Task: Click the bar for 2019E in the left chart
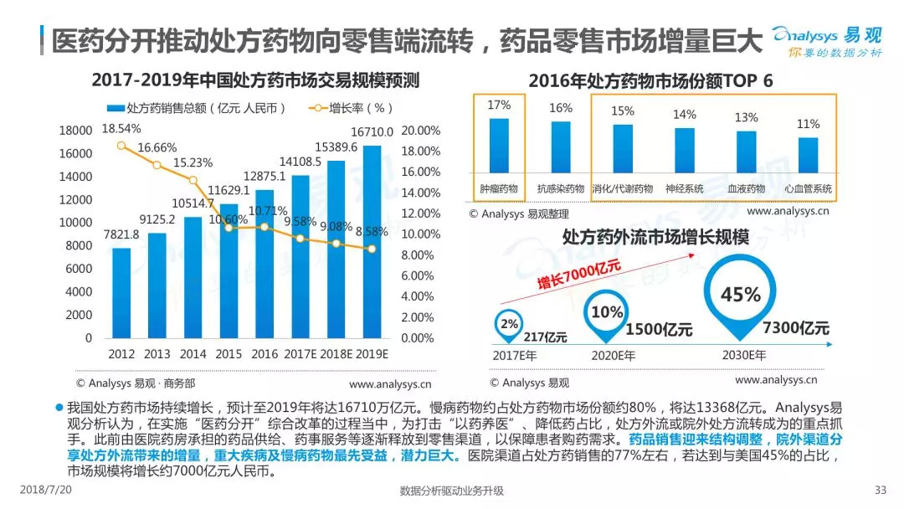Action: point(373,243)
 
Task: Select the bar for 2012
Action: point(121,293)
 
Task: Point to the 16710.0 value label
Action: point(372,132)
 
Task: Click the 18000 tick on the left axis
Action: point(75,131)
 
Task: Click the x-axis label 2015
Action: point(229,353)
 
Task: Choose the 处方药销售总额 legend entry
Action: point(197,108)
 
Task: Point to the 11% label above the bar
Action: point(808,124)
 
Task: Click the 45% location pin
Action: point(740,297)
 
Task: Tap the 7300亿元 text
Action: point(795,327)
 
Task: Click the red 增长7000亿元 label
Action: point(578,277)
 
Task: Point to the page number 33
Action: point(880,491)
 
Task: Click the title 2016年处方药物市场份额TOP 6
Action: point(650,81)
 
